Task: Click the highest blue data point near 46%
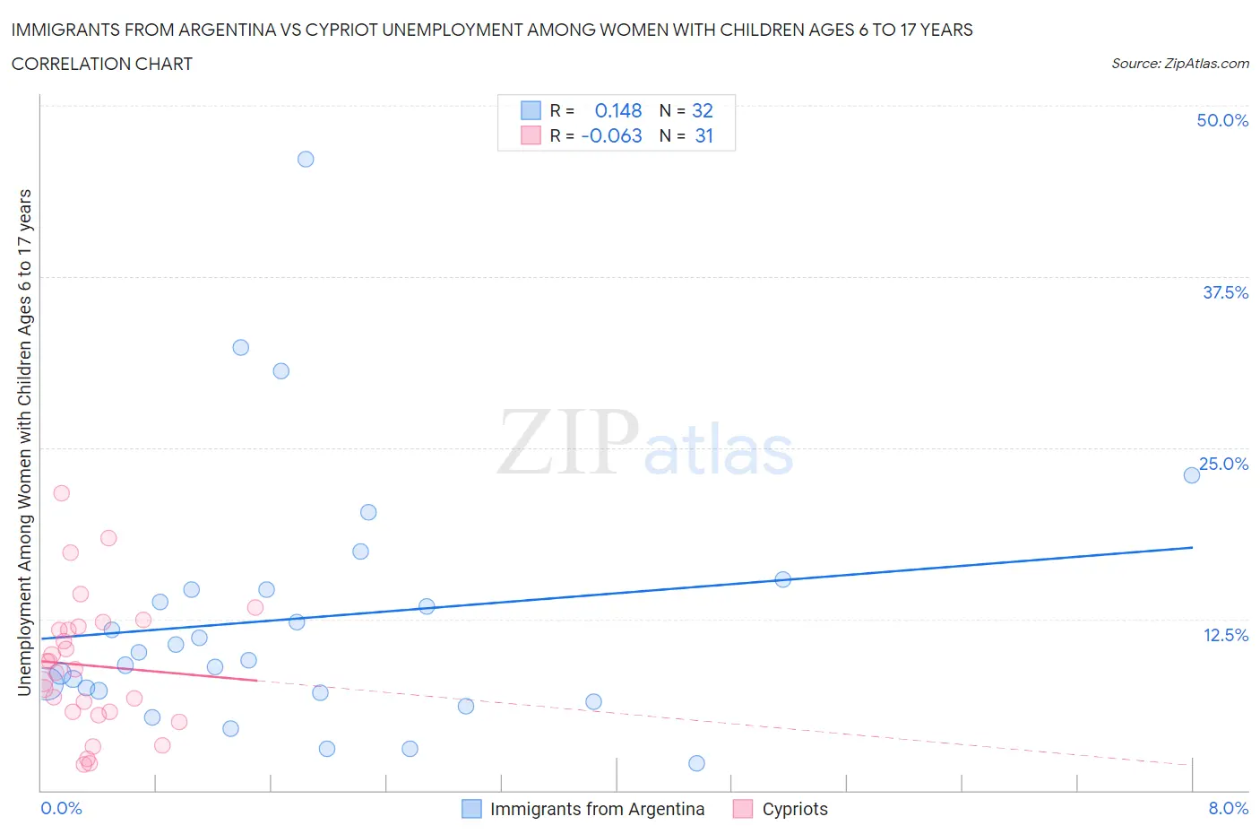[306, 160]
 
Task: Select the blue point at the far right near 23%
[1191, 475]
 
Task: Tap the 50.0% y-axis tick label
[1221, 120]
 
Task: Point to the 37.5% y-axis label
[1225, 292]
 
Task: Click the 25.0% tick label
[1223, 464]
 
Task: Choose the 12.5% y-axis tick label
[1225, 635]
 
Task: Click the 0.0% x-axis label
[61, 808]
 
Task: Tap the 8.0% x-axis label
[1228, 808]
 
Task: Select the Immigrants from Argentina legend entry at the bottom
[597, 809]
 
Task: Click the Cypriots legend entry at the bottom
[794, 809]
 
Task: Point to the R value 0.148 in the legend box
[618, 110]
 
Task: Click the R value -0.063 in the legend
[612, 135]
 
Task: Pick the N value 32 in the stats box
[703, 110]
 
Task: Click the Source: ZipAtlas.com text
[1179, 64]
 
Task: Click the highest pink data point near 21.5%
[61, 493]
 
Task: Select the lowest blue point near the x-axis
[696, 763]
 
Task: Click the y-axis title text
[24, 443]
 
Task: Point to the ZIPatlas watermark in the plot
[645, 443]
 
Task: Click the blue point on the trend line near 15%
[782, 579]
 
